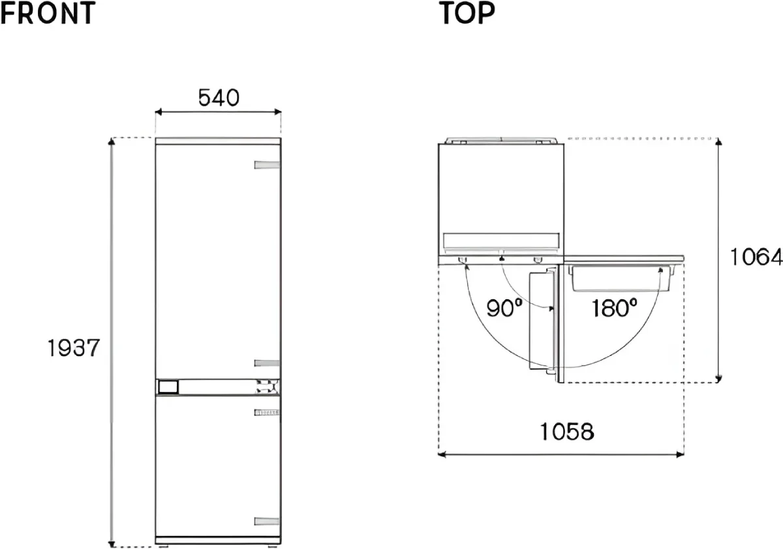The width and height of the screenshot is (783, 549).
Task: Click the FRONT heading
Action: pyautogui.click(x=48, y=13)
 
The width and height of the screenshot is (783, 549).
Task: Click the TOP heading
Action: pyautogui.click(x=467, y=13)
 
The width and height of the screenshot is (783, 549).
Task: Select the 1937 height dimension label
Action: pyautogui.click(x=73, y=348)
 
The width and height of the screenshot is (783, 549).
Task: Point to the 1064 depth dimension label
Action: pyautogui.click(x=756, y=257)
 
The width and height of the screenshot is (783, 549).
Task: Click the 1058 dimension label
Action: pyautogui.click(x=567, y=432)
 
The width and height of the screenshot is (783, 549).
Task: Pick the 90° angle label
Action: pyautogui.click(x=504, y=308)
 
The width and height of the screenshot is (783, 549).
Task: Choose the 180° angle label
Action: pyautogui.click(x=614, y=308)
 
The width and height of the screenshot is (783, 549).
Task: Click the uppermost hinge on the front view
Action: pyautogui.click(x=267, y=165)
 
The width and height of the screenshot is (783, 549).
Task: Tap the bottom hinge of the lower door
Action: pyautogui.click(x=267, y=522)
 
